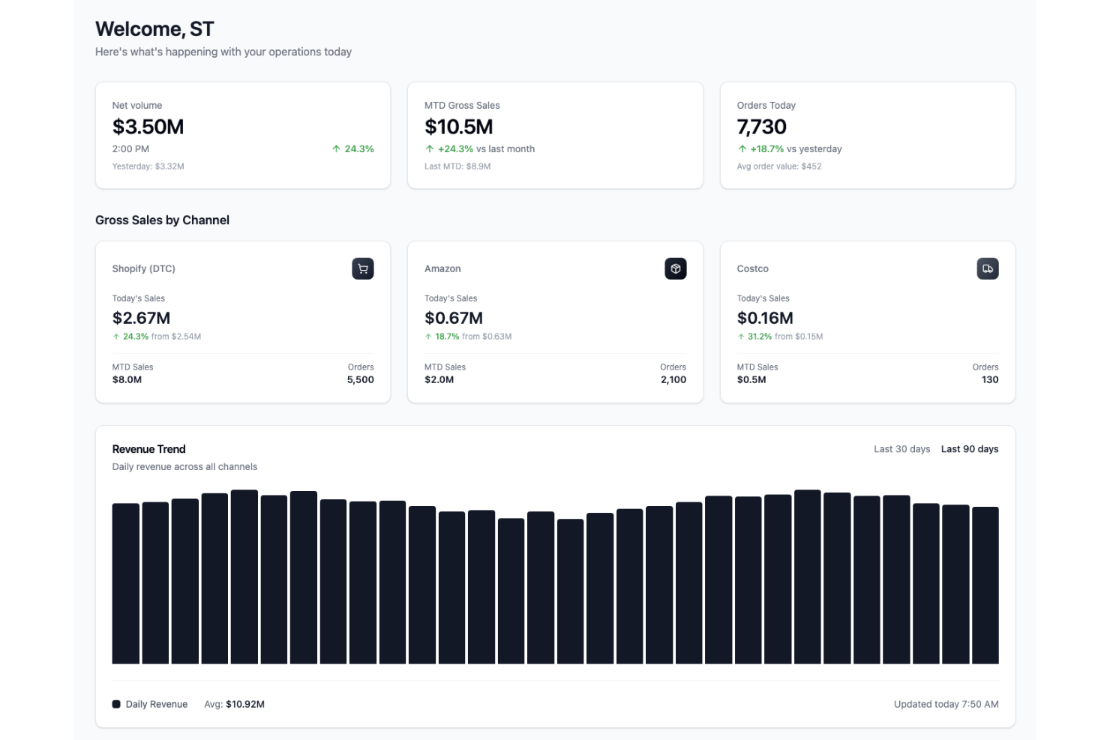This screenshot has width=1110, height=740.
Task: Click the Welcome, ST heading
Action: (x=154, y=29)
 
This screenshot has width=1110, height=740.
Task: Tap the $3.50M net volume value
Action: (x=148, y=127)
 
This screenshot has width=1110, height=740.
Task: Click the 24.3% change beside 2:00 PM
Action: (x=353, y=149)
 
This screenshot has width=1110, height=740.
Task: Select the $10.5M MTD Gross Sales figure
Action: (x=458, y=127)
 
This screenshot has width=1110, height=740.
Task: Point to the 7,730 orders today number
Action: (x=761, y=127)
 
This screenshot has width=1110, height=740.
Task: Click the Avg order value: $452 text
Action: (x=778, y=166)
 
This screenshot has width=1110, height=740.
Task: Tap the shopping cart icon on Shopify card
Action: (x=363, y=268)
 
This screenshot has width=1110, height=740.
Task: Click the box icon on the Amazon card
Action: (x=675, y=268)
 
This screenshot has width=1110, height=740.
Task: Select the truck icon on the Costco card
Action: (x=987, y=268)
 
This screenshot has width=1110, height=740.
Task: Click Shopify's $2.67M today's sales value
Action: (x=141, y=318)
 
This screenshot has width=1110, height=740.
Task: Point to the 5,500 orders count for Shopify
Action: (x=360, y=380)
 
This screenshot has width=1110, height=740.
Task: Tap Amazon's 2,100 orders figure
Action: (x=673, y=380)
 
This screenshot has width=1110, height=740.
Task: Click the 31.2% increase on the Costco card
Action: (x=759, y=337)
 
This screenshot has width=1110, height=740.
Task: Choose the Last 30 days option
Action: (x=901, y=449)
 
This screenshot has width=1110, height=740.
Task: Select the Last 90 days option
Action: (x=969, y=449)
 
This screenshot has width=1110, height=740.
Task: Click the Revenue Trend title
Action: (x=148, y=449)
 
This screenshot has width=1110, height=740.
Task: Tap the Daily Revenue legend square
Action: (x=116, y=704)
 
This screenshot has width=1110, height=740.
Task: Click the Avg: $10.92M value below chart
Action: (x=234, y=704)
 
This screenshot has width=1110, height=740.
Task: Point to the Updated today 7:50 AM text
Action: (x=946, y=704)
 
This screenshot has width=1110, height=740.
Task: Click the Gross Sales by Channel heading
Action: (x=162, y=220)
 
